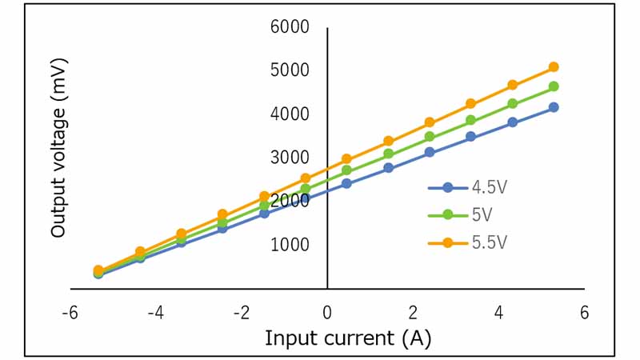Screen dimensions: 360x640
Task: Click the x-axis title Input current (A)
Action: pyautogui.click(x=347, y=338)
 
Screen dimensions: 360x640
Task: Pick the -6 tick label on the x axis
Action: pyautogui.click(x=70, y=312)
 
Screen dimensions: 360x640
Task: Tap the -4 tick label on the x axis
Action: pyautogui.click(x=155, y=312)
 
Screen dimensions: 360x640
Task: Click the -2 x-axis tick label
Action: pyautogui.click(x=241, y=312)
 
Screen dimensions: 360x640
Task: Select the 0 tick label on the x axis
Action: pyautogui.click(x=327, y=312)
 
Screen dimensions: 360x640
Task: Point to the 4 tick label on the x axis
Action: pyautogui.click(x=498, y=312)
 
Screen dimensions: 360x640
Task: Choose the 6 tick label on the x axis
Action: pyautogui.click(x=584, y=312)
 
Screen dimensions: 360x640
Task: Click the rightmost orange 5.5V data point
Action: pyautogui.click(x=554, y=67)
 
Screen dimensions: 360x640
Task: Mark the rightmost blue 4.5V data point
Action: pyautogui.click(x=554, y=107)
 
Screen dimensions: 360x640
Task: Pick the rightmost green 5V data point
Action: pyautogui.click(x=554, y=86)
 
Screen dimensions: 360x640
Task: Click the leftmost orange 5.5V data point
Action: pyautogui.click(x=98, y=270)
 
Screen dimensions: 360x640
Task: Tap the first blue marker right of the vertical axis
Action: pyautogui.click(x=346, y=183)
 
